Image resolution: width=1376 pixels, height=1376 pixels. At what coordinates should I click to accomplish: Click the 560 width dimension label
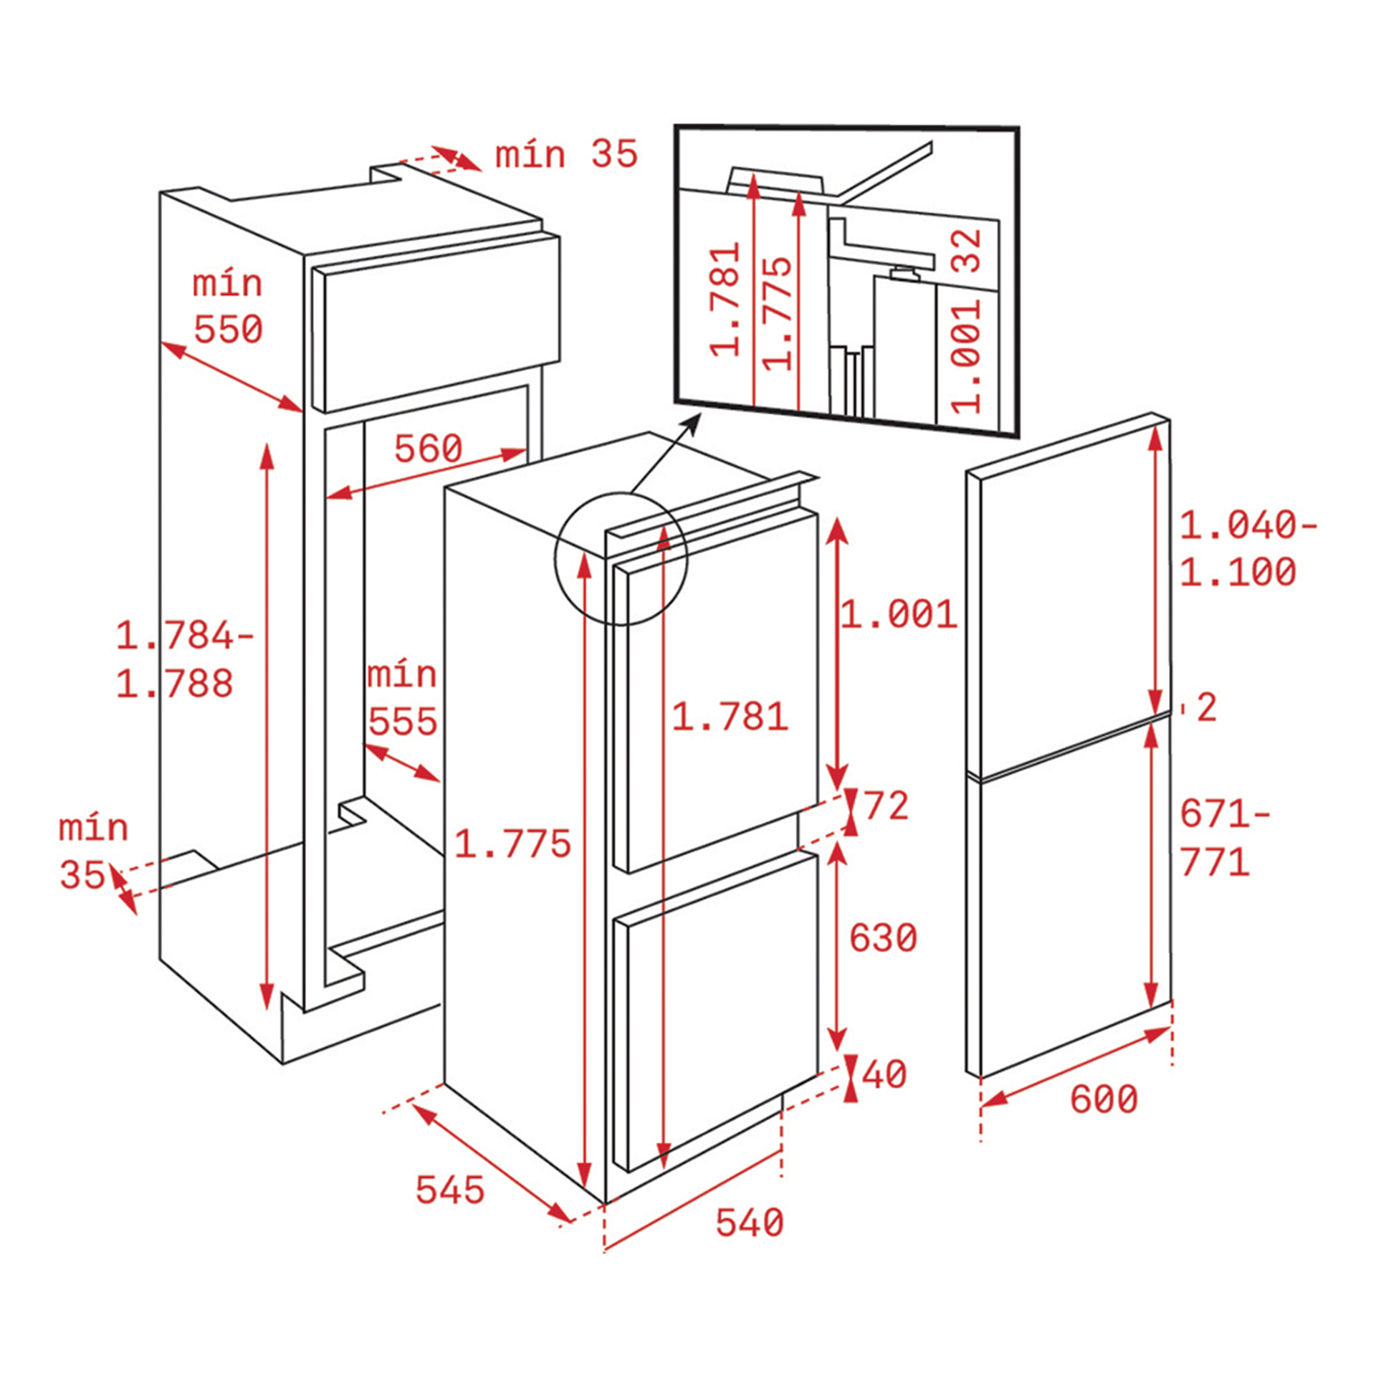[x=428, y=449]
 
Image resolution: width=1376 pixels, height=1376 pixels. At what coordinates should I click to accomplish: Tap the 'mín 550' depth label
[x=228, y=307]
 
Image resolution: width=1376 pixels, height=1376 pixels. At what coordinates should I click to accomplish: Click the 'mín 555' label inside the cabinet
[x=401, y=698]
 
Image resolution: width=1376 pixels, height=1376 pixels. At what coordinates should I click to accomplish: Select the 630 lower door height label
[x=882, y=938]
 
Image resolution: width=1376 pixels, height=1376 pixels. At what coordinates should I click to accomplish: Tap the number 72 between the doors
[x=886, y=806]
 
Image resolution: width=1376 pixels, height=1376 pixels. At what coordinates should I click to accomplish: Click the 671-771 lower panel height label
[x=1224, y=838]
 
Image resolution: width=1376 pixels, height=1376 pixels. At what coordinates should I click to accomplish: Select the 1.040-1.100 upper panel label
[x=1247, y=549]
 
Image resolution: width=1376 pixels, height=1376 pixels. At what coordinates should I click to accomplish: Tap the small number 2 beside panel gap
[x=1207, y=708]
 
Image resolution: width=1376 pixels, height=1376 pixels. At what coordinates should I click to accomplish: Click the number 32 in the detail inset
[x=967, y=250]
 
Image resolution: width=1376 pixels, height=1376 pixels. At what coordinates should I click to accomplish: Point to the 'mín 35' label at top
[x=566, y=155]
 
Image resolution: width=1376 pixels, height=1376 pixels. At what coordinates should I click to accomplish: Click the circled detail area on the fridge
[x=621, y=559]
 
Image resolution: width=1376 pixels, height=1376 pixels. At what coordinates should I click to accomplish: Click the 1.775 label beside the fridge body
[x=512, y=844]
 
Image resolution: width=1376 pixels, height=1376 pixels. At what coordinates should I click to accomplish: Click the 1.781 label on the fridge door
[x=730, y=717]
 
